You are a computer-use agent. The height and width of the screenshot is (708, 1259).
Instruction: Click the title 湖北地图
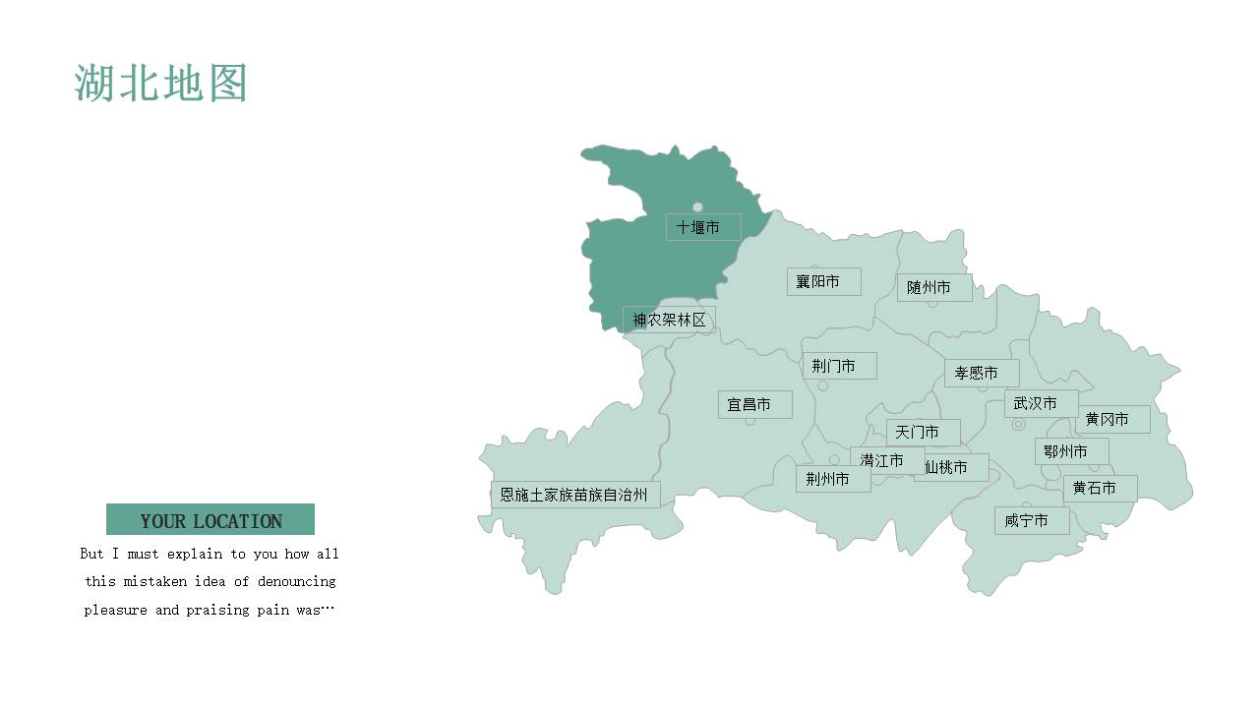point(160,84)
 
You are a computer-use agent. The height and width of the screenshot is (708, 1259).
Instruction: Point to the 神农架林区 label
point(669,320)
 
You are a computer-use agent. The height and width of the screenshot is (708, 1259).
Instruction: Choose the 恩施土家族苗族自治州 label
point(574,495)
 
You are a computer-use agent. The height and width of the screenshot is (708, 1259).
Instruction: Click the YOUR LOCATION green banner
point(210,520)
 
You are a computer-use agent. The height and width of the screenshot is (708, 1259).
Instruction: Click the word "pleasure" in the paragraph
point(115,610)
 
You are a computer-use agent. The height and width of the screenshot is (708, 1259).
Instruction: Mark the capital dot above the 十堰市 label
point(697,206)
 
